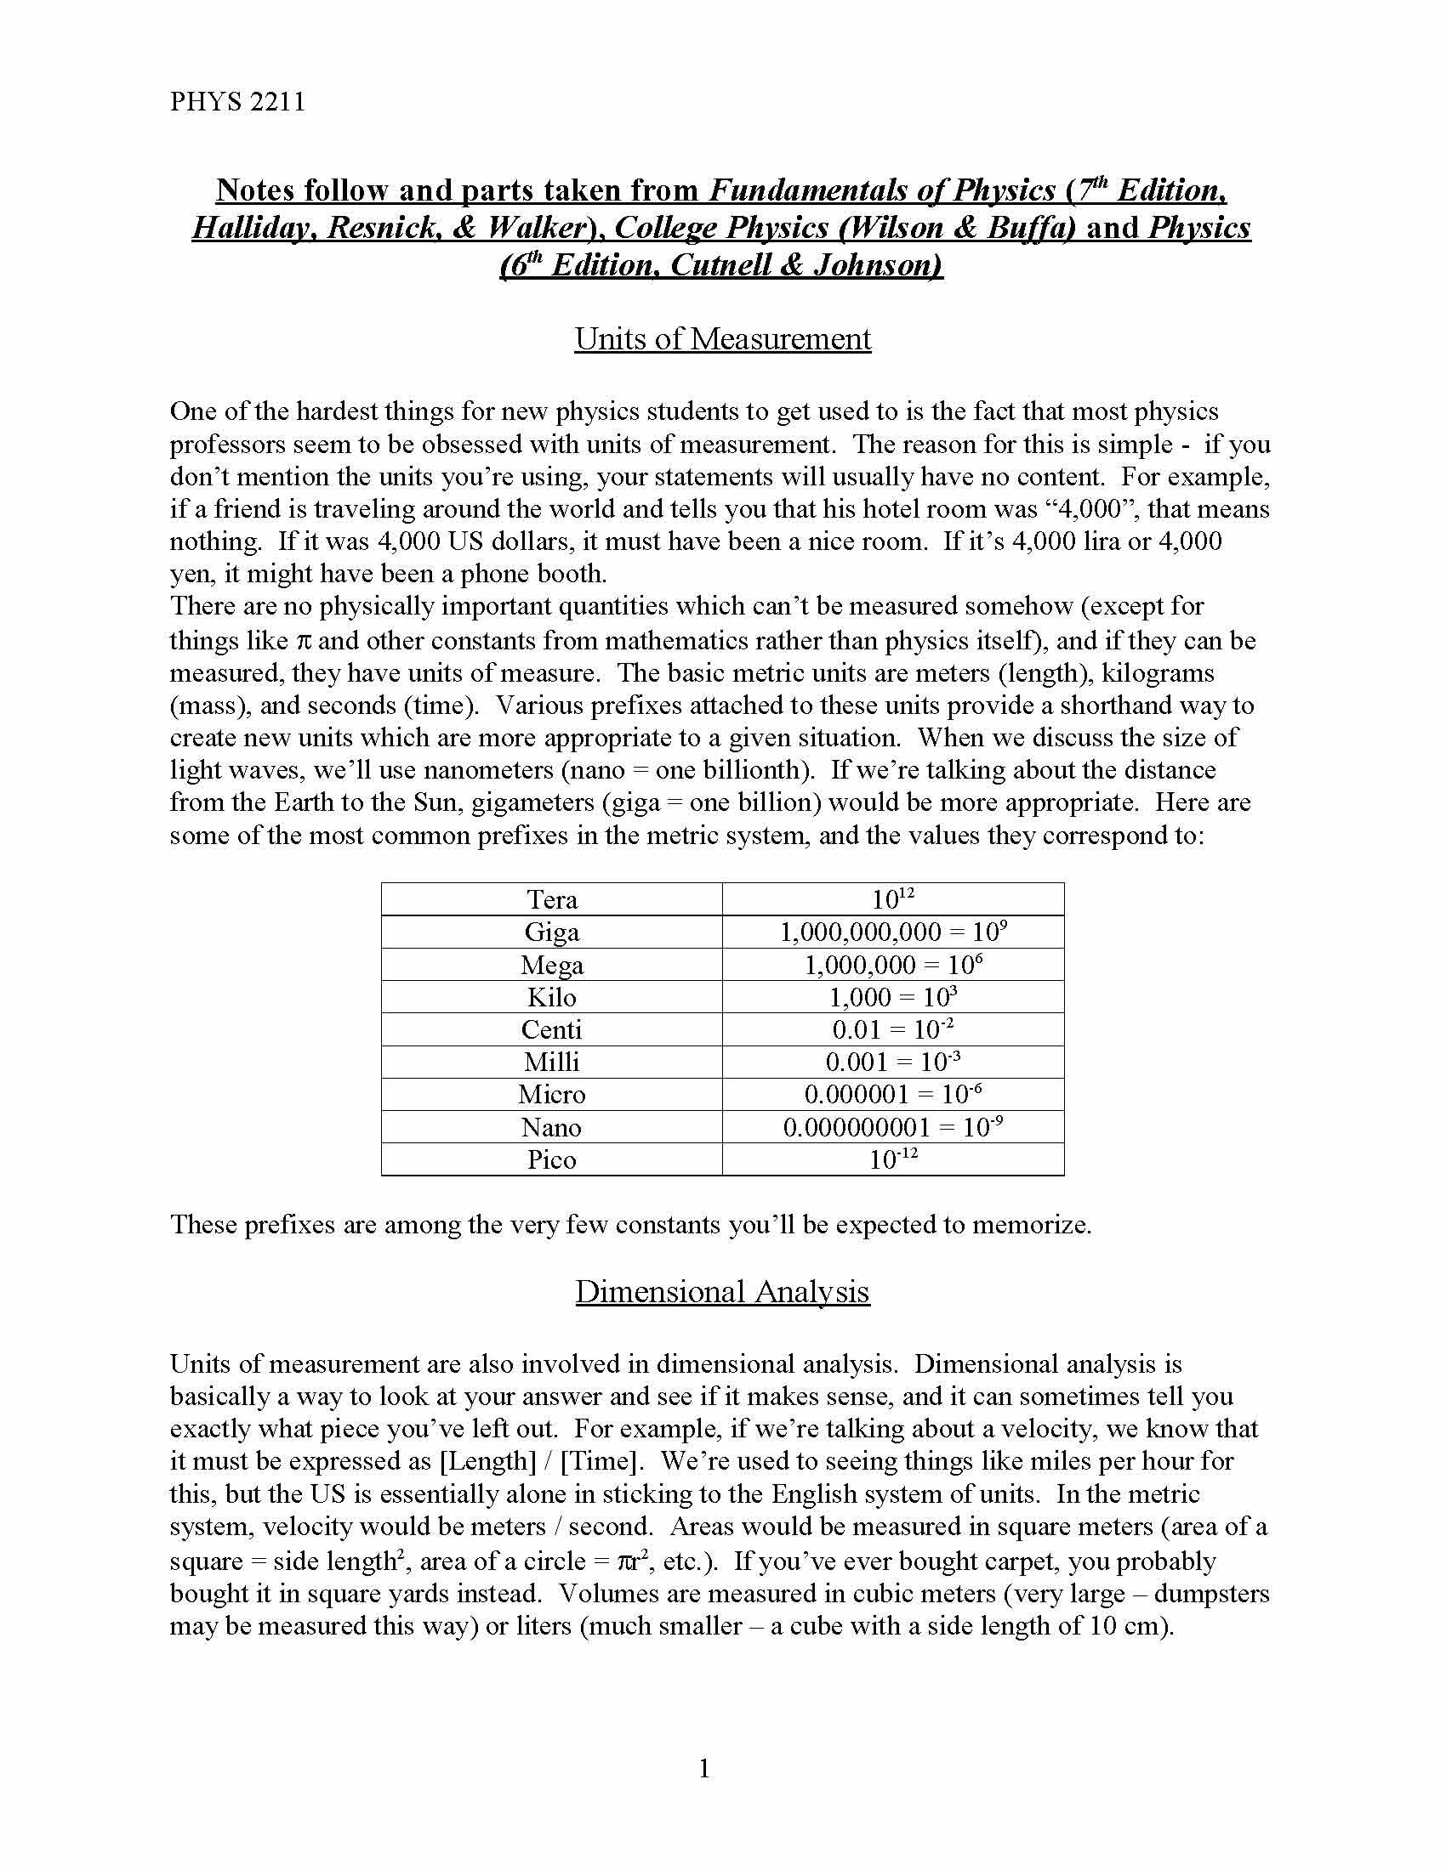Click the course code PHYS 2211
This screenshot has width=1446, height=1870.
pyautogui.click(x=237, y=102)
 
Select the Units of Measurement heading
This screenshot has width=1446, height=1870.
pyautogui.click(x=722, y=339)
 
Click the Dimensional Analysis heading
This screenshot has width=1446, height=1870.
pyautogui.click(x=722, y=1291)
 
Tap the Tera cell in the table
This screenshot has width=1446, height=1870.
pyautogui.click(x=552, y=899)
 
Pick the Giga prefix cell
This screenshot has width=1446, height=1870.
pyautogui.click(x=552, y=932)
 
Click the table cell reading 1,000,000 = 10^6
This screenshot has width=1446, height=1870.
pyautogui.click(x=892, y=965)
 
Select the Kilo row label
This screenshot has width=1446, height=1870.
pyautogui.click(x=552, y=998)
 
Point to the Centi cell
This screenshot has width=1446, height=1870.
pyautogui.click(x=552, y=1029)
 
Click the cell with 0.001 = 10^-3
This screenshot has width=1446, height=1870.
pyautogui.click(x=892, y=1062)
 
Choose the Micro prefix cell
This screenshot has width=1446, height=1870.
pyautogui.click(x=552, y=1094)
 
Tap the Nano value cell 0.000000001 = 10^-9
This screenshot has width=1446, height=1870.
pyautogui.click(x=892, y=1127)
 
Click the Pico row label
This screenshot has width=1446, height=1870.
pyautogui.click(x=552, y=1159)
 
